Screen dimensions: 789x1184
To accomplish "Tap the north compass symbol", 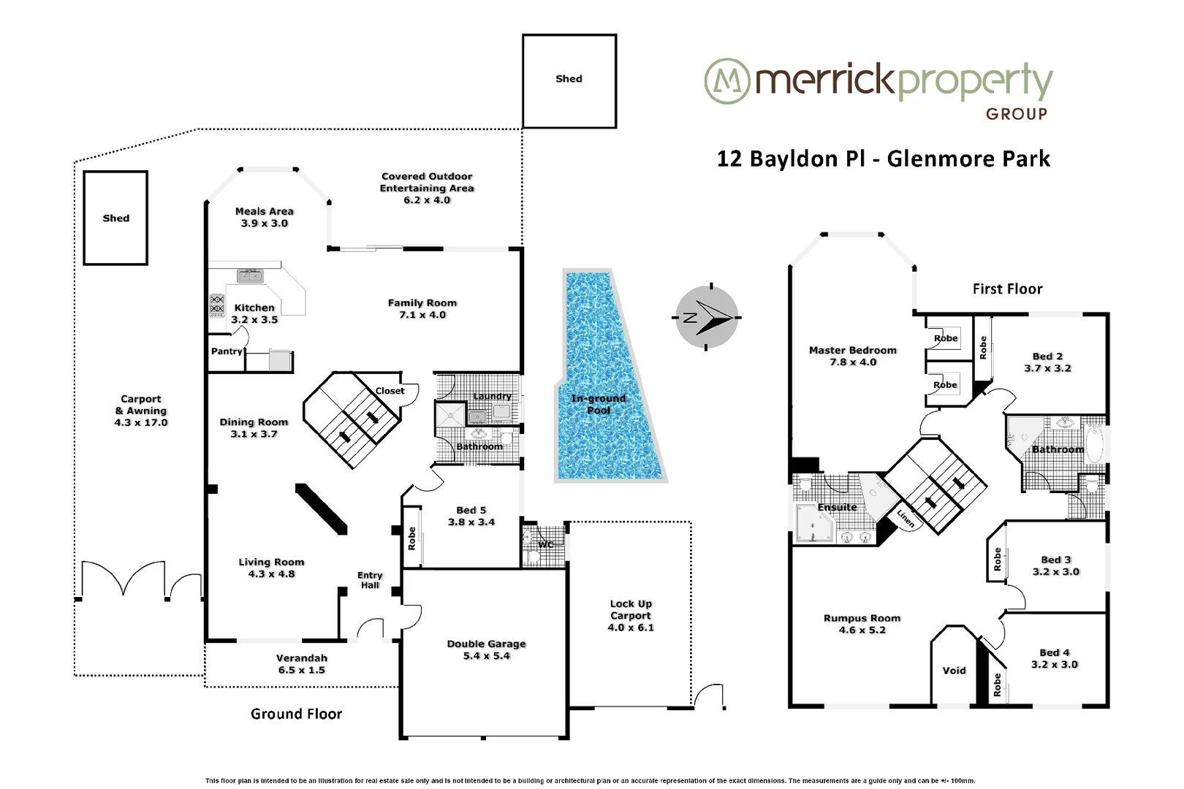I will coord(706,317).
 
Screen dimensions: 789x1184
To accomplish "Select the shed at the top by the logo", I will coord(569,80).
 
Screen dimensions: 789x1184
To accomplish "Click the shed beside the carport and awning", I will coord(115,218).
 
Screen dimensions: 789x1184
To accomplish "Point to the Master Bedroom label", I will coord(852,356).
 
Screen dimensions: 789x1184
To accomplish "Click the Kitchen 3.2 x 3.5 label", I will coord(254,313).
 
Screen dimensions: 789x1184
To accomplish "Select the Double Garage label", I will coord(486,649).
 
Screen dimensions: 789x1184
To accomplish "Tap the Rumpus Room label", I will coord(862,623).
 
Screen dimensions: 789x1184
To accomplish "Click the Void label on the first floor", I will coord(954,670).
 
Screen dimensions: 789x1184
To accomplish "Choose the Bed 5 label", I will coord(471,516).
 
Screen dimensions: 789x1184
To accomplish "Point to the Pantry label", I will coord(227,351).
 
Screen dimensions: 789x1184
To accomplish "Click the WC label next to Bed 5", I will coord(545,544).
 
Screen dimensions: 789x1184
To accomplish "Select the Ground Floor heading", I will coord(296,714).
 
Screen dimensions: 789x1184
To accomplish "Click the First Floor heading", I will coord(1007,289).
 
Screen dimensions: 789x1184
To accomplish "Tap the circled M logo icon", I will coord(726,81).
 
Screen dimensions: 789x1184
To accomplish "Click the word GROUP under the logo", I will coord(1016,114).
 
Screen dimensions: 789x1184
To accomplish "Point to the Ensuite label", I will coord(837,507).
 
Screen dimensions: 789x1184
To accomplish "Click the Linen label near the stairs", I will coord(906,518).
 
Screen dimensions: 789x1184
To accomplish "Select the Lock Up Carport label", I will coord(631,615).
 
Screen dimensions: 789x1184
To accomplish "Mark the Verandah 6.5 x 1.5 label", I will coord(301,663).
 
